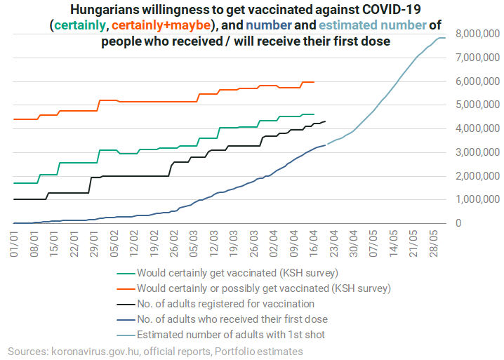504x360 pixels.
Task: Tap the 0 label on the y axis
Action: point(460,224)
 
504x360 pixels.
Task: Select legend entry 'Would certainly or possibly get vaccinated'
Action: point(264,288)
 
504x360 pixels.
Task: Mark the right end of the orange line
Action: point(313,82)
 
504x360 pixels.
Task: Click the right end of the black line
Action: point(324,121)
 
